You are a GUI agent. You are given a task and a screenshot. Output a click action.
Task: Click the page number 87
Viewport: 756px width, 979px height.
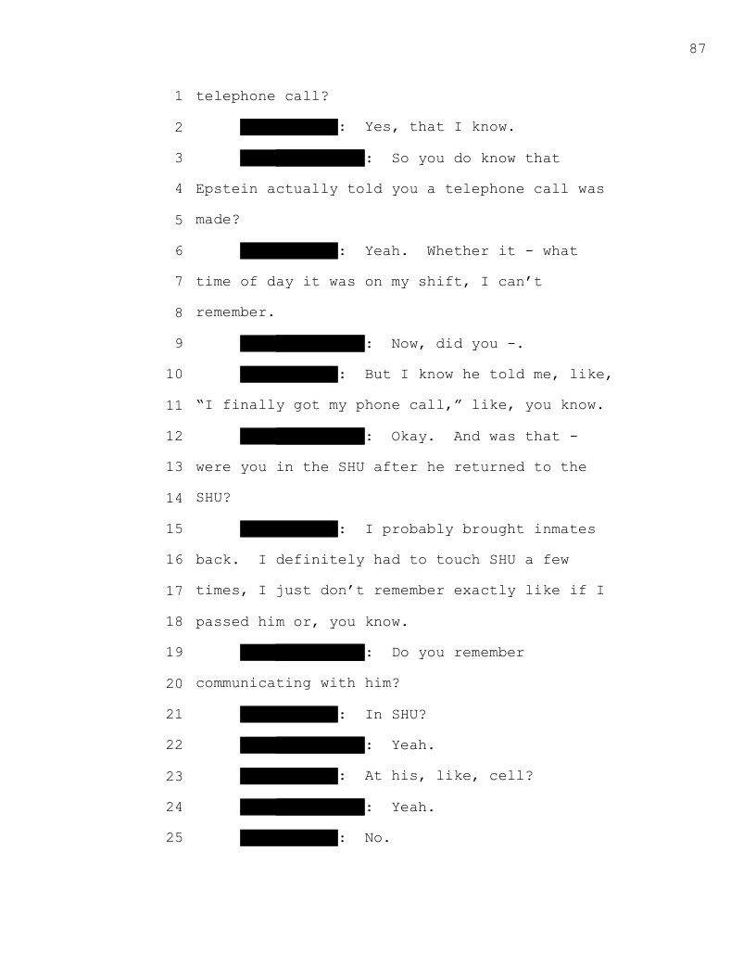click(x=698, y=49)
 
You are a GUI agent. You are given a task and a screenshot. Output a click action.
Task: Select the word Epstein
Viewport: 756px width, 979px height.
click(x=227, y=189)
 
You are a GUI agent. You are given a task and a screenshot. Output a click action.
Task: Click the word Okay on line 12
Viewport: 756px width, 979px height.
click(x=409, y=436)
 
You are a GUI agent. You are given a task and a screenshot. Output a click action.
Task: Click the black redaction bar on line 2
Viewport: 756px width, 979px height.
click(x=289, y=127)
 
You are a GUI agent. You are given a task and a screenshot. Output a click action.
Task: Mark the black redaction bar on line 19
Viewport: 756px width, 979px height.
click(x=302, y=653)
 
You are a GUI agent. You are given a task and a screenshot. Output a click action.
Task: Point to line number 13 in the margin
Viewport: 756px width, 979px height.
click(x=174, y=467)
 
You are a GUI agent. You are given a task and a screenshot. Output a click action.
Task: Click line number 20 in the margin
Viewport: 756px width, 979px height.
click(x=174, y=683)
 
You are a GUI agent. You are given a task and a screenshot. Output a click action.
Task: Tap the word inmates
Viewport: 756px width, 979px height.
click(x=564, y=529)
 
